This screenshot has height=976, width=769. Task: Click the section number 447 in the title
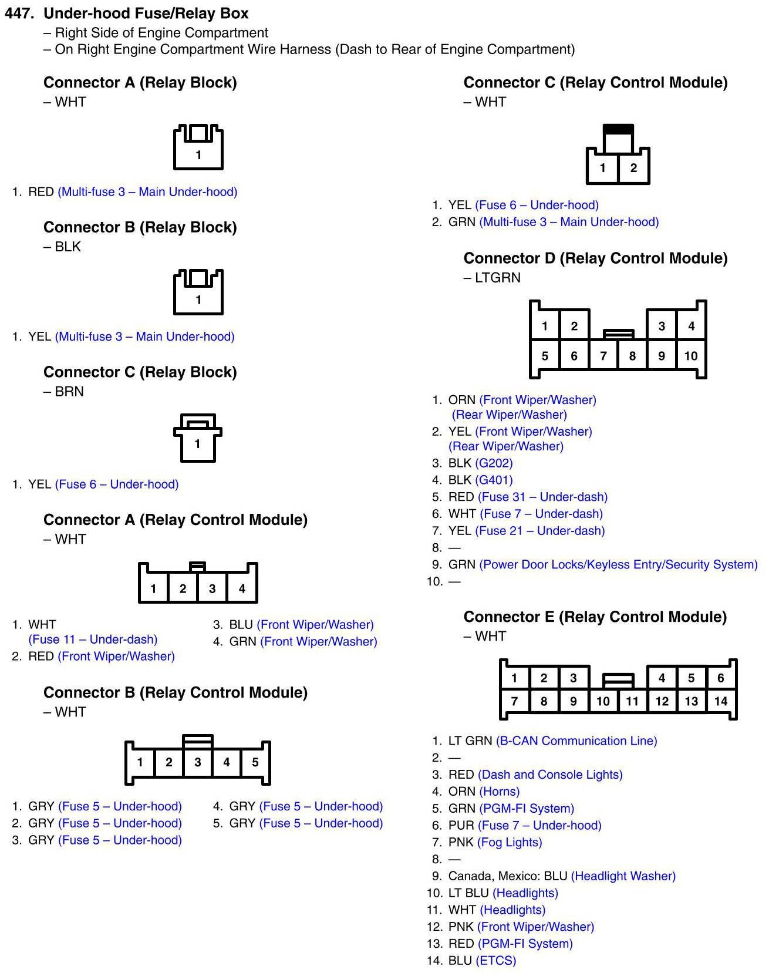click(19, 14)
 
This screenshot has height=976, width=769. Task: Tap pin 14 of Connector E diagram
click(720, 701)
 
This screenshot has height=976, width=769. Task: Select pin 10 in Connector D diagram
click(690, 356)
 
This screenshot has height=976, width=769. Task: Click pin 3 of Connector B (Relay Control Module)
click(198, 762)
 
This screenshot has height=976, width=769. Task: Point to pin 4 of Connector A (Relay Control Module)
click(242, 588)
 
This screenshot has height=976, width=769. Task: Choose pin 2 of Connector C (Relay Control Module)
click(633, 168)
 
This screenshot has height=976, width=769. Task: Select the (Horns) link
click(499, 791)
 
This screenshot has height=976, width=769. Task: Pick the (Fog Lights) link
click(510, 842)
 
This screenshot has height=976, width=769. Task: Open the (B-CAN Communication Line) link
click(576, 741)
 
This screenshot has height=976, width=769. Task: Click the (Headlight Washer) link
click(623, 876)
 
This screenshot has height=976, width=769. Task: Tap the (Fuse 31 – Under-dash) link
click(542, 497)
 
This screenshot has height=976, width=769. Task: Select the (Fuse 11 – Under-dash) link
click(93, 639)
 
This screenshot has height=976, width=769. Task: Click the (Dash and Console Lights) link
click(550, 775)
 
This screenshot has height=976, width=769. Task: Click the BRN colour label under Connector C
click(69, 392)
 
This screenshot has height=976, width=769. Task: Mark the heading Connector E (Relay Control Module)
click(595, 617)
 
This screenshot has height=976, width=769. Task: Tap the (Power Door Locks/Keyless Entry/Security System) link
click(618, 564)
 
